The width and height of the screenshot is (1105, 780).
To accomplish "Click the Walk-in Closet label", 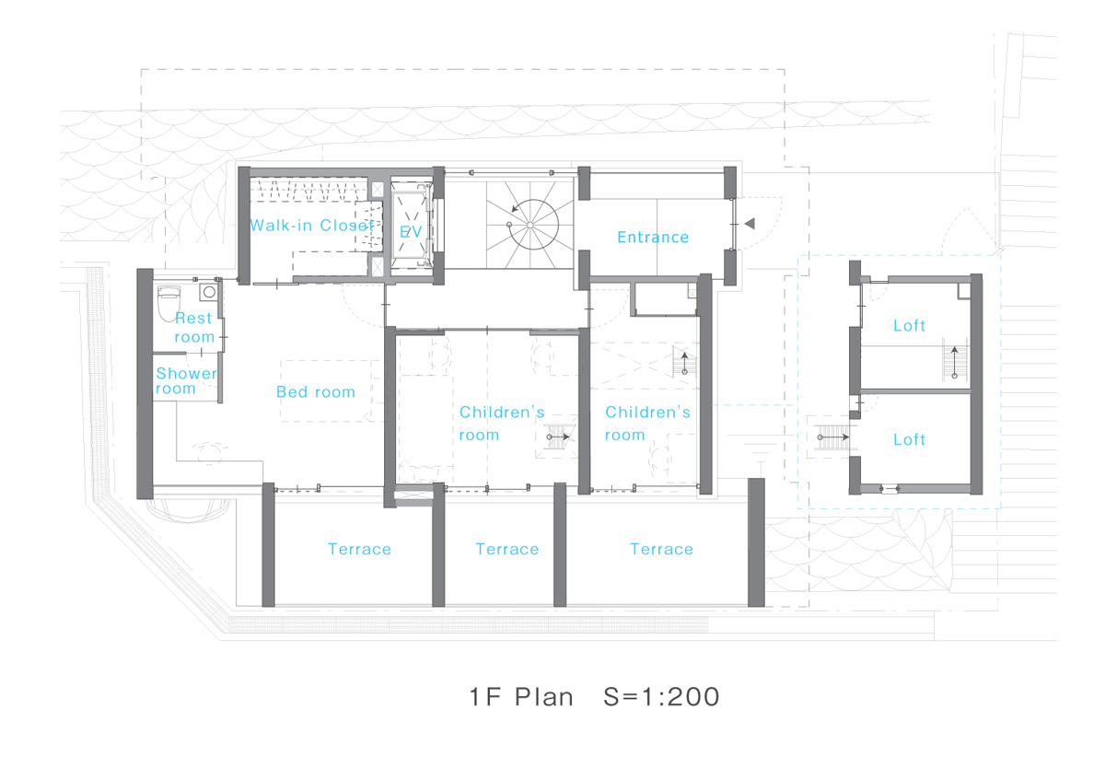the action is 312,226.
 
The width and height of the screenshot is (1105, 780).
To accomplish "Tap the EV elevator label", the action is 411,231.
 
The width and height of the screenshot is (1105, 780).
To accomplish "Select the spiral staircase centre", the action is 529,225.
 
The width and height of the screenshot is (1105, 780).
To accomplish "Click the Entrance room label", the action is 653,238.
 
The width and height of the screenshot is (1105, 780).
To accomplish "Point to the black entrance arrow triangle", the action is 750,224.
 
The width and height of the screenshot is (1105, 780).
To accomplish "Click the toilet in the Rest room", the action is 169,303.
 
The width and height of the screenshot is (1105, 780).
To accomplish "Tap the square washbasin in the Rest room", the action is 209,292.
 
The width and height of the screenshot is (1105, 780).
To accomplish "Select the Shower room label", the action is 186,380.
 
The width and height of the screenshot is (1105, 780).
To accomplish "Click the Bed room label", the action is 316,391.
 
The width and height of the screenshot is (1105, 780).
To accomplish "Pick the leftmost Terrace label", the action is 360,549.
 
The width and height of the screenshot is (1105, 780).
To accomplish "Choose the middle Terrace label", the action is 507,549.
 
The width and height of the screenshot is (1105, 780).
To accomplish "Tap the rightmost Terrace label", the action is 661,549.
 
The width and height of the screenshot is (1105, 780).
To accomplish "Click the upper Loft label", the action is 909,326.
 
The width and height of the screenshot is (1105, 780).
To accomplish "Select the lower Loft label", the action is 909,439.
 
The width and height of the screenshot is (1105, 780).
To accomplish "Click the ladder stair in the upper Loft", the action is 955,360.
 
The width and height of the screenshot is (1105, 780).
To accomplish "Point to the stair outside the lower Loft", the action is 833,437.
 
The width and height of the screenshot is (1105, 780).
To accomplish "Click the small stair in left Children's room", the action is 558,437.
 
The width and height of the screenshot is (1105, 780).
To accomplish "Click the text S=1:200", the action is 661,697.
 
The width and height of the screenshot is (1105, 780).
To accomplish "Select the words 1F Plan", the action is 521,697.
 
